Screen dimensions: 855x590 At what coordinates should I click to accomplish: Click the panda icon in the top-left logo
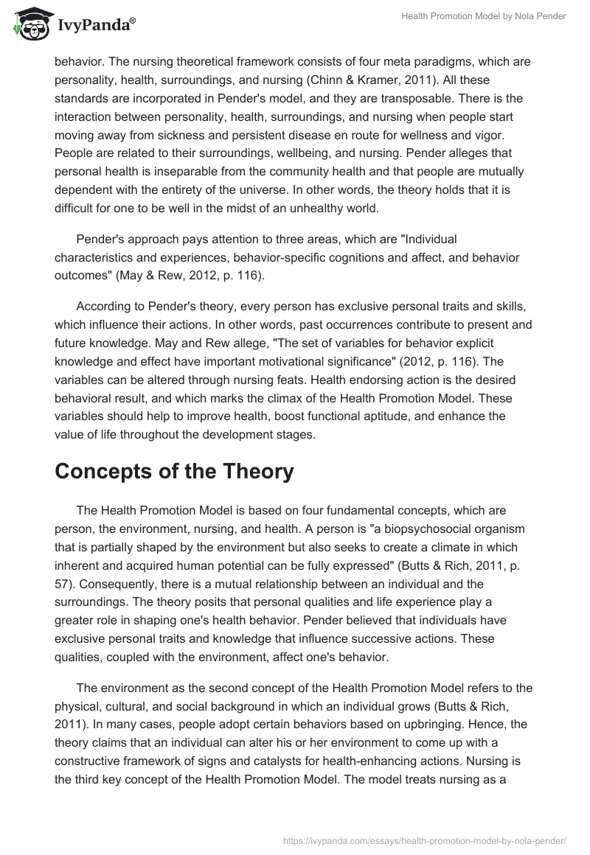pos(29,25)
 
